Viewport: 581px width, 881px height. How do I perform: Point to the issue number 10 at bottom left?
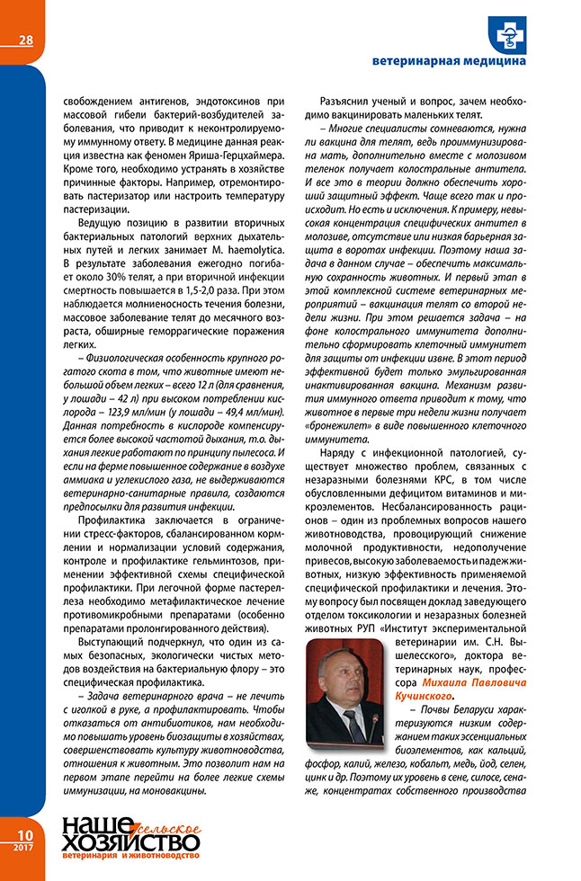[21, 834]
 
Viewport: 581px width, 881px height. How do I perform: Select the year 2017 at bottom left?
[21, 848]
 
